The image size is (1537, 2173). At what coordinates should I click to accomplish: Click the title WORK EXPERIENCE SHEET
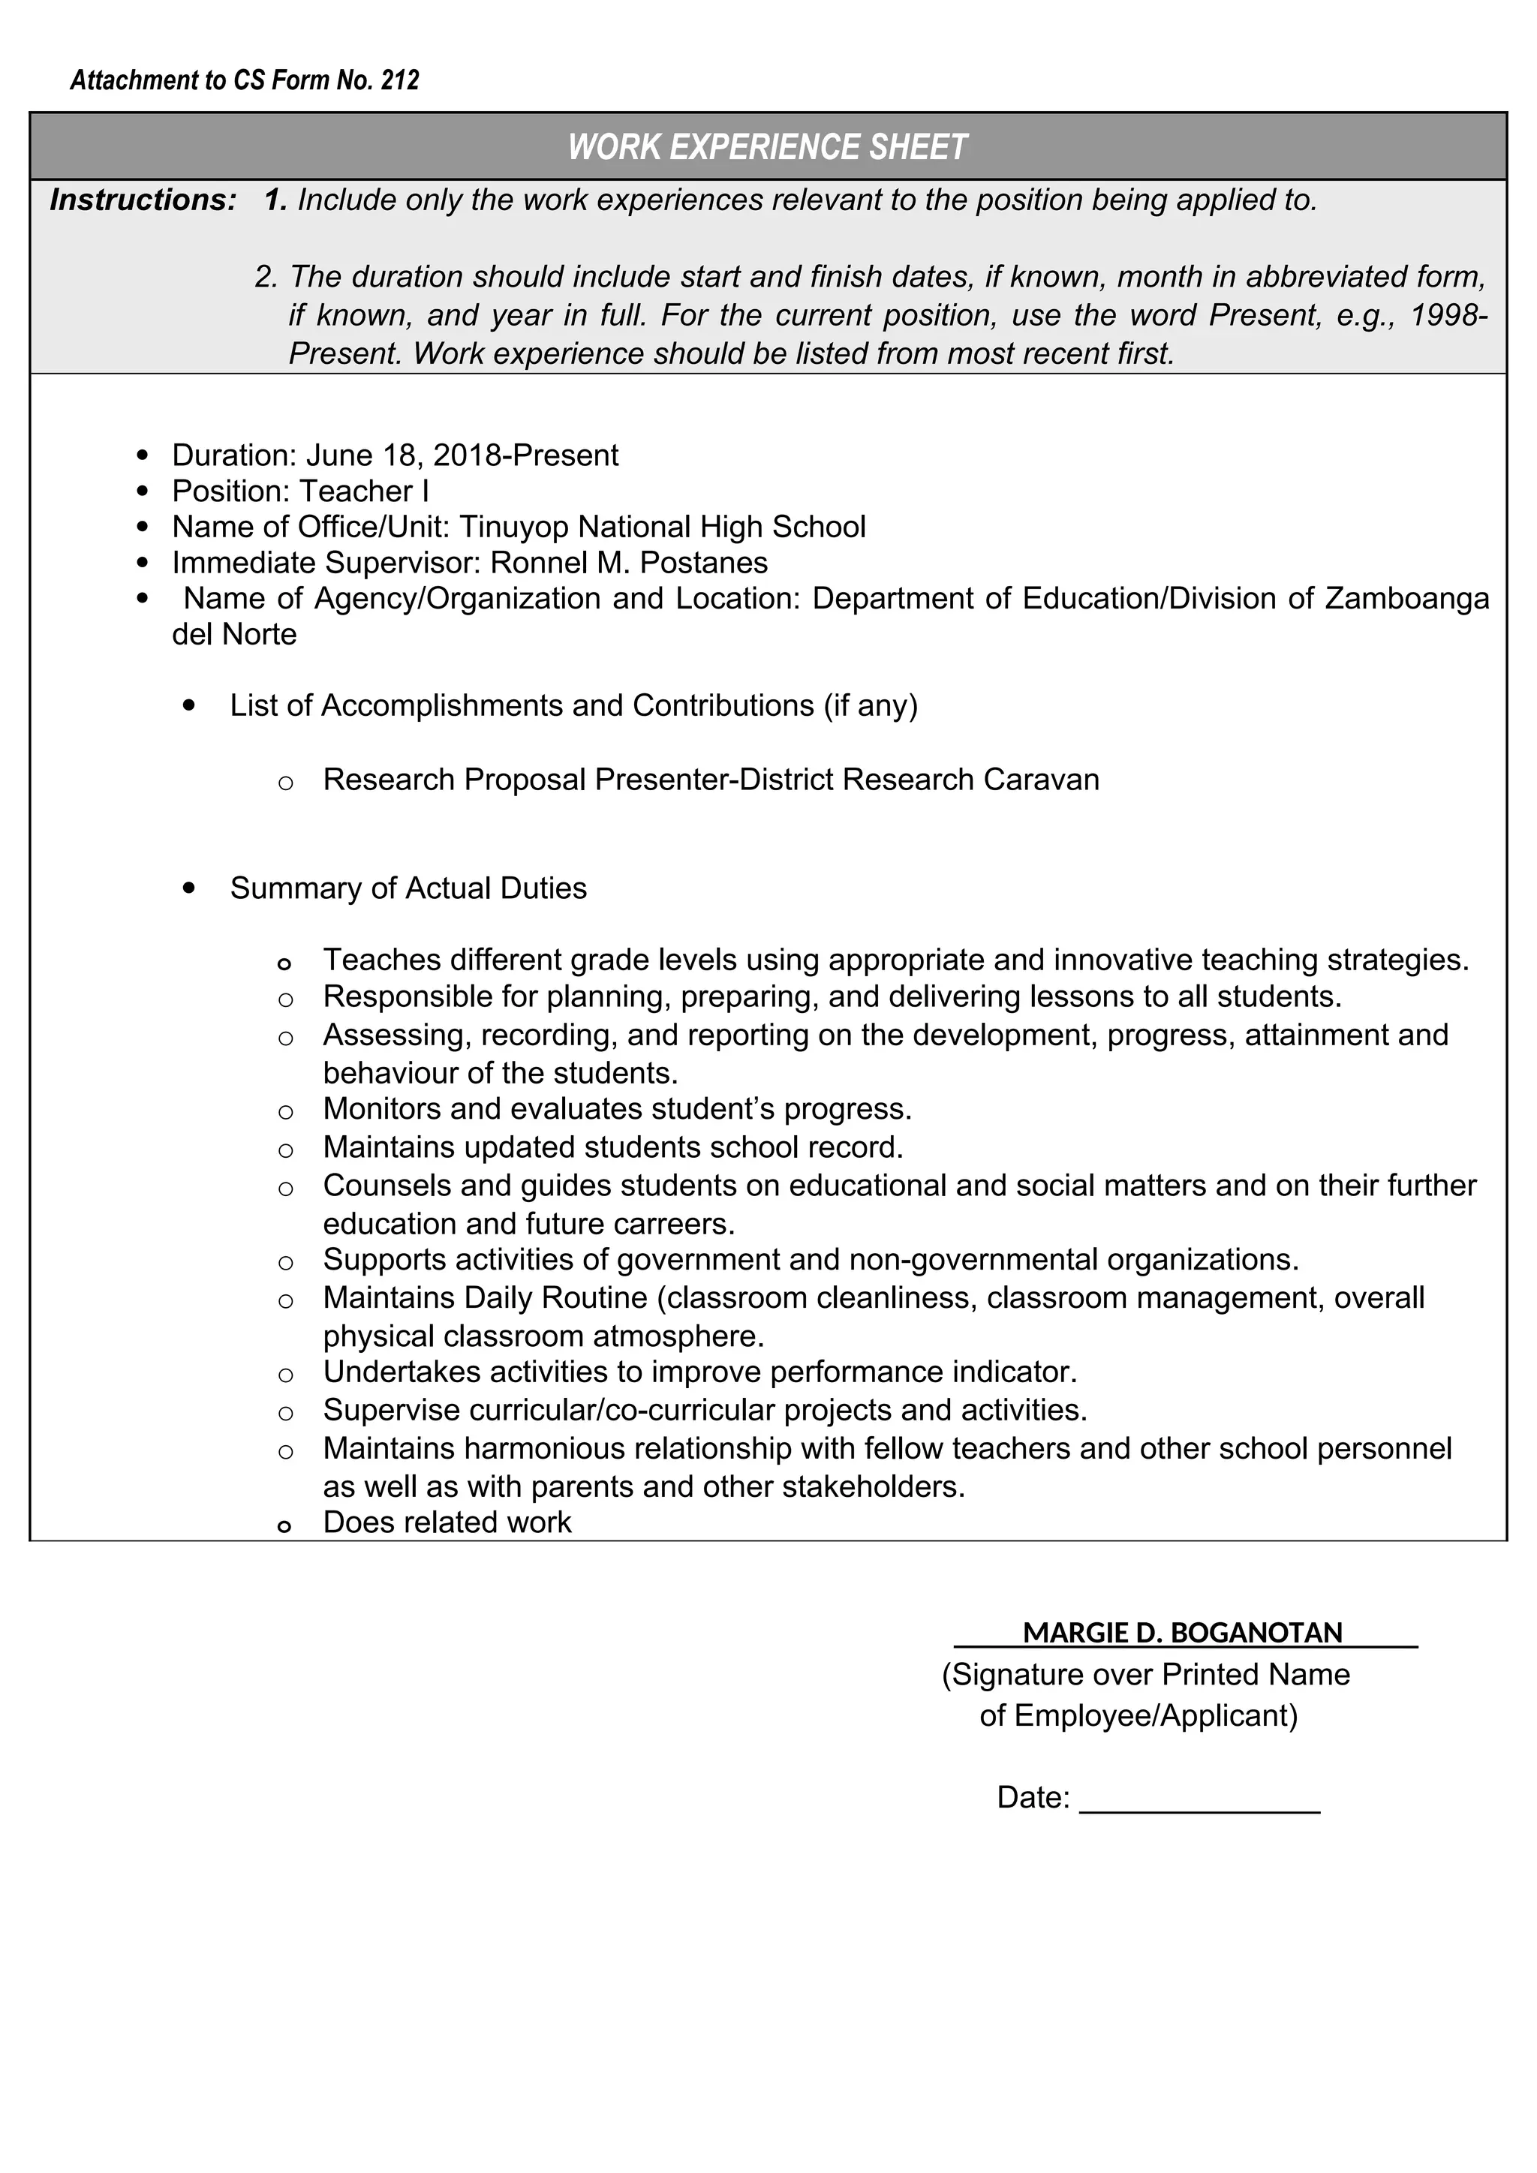[x=768, y=147]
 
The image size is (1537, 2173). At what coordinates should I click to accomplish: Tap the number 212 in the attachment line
[x=399, y=80]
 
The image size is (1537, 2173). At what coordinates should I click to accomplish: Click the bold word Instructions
[x=142, y=200]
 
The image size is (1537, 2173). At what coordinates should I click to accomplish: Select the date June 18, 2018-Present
[x=462, y=455]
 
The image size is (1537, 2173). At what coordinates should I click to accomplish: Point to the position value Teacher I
[x=363, y=491]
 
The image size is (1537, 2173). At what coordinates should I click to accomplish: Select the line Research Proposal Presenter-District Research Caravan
[x=711, y=779]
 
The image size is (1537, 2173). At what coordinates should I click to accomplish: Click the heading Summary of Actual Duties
[x=408, y=888]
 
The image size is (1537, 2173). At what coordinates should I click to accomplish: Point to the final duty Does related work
[x=447, y=1521]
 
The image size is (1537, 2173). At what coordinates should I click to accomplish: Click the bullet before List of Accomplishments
[x=191, y=705]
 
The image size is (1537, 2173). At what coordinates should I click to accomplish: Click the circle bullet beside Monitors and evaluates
[x=286, y=1111]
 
